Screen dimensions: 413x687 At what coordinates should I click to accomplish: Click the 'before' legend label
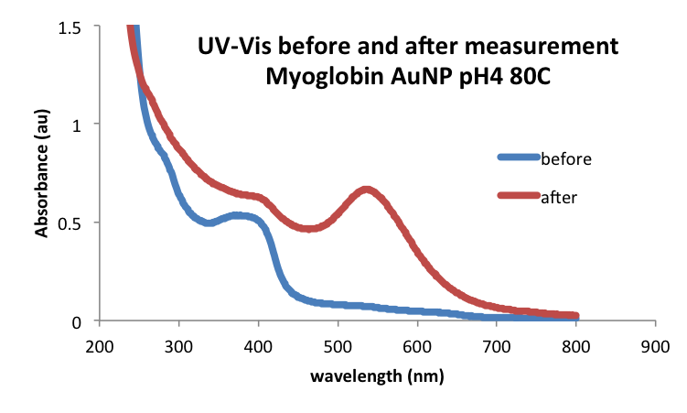(567, 158)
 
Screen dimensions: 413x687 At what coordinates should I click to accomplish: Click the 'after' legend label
(559, 196)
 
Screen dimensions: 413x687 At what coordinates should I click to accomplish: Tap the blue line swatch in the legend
(519, 158)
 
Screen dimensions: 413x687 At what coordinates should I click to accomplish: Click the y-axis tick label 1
(82, 125)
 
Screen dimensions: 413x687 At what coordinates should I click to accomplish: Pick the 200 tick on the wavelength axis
(100, 347)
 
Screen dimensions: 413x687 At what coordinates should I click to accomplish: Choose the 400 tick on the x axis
(259, 347)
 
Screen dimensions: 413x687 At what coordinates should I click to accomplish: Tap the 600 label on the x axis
(418, 347)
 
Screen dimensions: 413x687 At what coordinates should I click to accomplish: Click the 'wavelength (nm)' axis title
(377, 376)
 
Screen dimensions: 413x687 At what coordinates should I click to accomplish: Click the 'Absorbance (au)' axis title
(42, 183)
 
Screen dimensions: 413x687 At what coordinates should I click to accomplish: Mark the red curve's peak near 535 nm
(367, 190)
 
